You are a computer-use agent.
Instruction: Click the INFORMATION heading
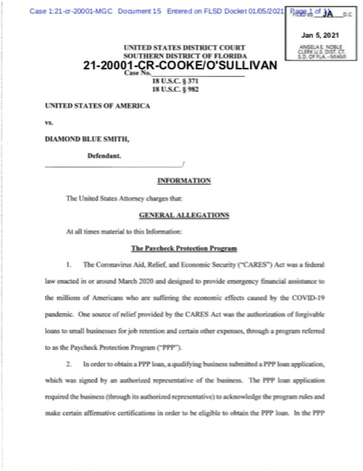pos(184,181)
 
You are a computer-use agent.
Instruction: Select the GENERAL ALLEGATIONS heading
pos(184,215)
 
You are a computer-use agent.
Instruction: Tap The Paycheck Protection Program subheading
pos(184,249)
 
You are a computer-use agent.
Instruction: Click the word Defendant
pos(104,155)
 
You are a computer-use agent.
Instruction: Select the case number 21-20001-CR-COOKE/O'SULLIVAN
pos(179,66)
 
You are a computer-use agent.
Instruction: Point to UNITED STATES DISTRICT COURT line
pos(184,48)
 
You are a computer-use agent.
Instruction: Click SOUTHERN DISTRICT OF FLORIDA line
pos(184,55)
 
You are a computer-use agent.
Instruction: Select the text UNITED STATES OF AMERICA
pos(98,106)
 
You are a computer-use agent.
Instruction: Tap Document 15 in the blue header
pos(139,11)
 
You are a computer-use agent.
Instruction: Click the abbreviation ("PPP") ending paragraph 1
pos(171,348)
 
